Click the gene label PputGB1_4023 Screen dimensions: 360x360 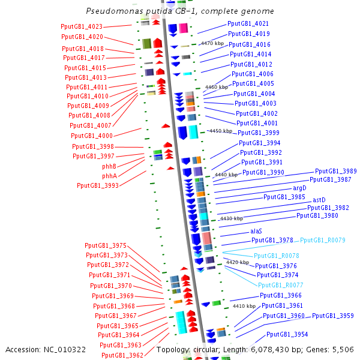[x=82, y=26]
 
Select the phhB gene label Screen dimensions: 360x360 [x=109, y=166]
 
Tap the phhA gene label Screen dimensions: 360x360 [x=110, y=176]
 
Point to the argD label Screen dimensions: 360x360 [x=299, y=188]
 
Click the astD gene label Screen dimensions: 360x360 [x=319, y=200]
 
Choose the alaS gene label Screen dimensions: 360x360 [x=256, y=231]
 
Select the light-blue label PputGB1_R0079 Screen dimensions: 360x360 [x=323, y=240]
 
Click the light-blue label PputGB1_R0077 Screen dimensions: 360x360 [x=281, y=285]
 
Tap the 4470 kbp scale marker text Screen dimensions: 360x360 [x=212, y=43]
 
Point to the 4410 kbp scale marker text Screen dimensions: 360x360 [x=244, y=306]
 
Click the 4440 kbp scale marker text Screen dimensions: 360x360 [x=226, y=175]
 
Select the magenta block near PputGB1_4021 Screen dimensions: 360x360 [x=184, y=28]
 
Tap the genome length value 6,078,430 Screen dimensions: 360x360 [x=270, y=350]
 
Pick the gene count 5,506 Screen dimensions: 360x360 [x=343, y=350]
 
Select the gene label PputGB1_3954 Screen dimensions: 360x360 [x=287, y=334]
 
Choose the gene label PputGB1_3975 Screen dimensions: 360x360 [x=106, y=245]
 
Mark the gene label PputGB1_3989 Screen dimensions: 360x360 [x=335, y=171]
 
